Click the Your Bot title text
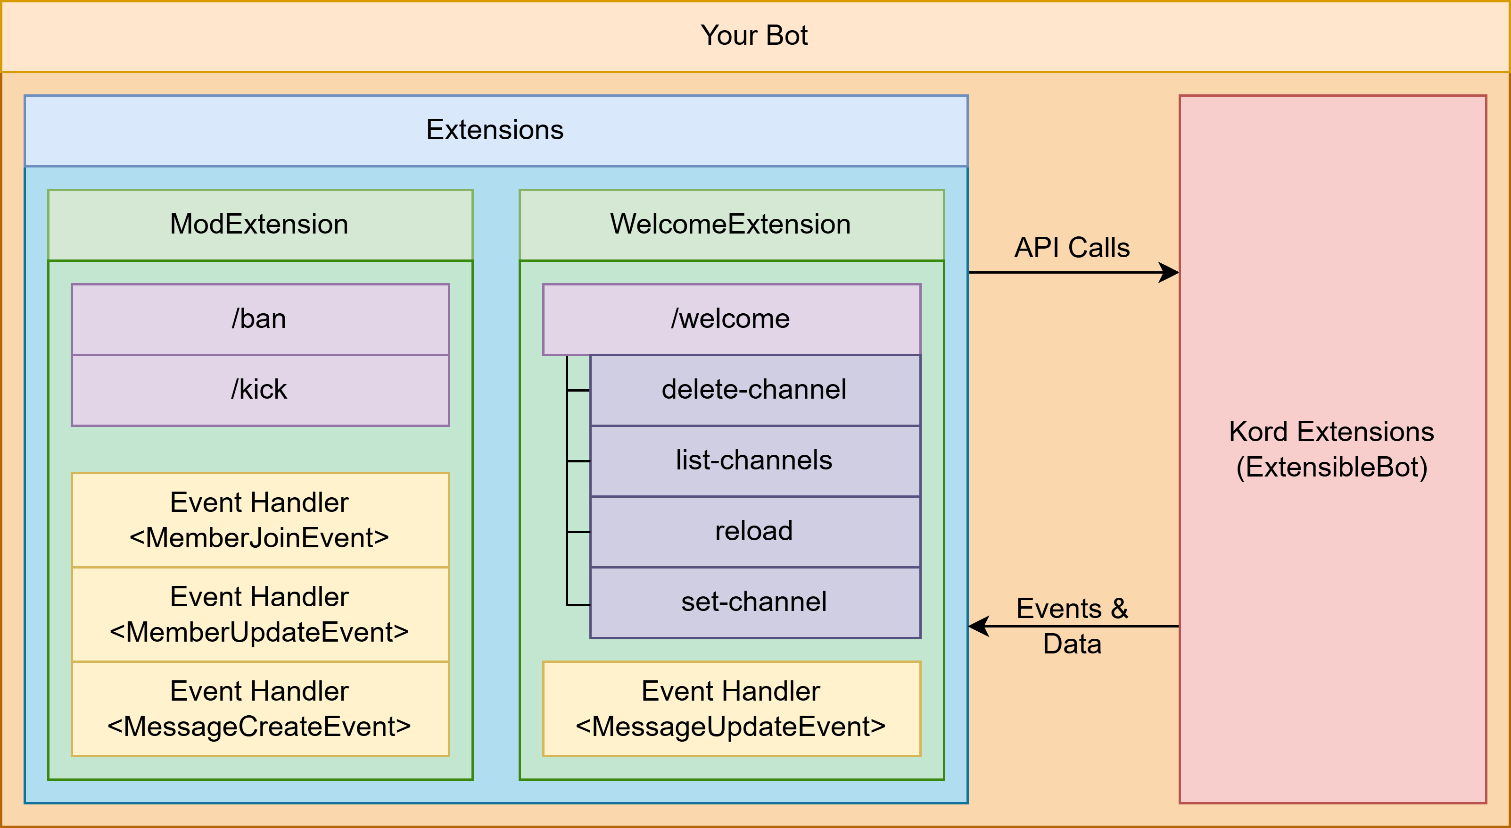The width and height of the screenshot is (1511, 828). [754, 36]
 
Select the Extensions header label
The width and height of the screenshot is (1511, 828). [495, 130]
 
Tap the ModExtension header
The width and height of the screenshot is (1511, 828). [259, 224]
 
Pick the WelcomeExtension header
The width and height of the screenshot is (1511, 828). [730, 224]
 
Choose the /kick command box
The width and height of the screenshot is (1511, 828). [259, 390]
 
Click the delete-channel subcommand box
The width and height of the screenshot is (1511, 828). [754, 390]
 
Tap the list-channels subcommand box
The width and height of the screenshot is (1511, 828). [754, 460]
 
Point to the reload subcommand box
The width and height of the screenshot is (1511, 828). [754, 531]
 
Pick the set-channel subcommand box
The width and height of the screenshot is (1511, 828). [754, 602]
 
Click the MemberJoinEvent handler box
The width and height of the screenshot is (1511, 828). [259, 520]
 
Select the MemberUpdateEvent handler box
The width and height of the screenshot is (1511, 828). [259, 614]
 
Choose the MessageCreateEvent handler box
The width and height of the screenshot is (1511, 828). [259, 709]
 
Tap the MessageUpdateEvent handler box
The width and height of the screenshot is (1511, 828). [730, 709]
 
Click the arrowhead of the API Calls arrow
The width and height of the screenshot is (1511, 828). [1170, 272]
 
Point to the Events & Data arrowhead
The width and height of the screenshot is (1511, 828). [978, 626]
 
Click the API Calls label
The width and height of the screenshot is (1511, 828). [1072, 248]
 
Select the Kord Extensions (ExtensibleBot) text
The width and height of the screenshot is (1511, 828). [1331, 450]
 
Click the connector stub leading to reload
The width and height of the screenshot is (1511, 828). [578, 532]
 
